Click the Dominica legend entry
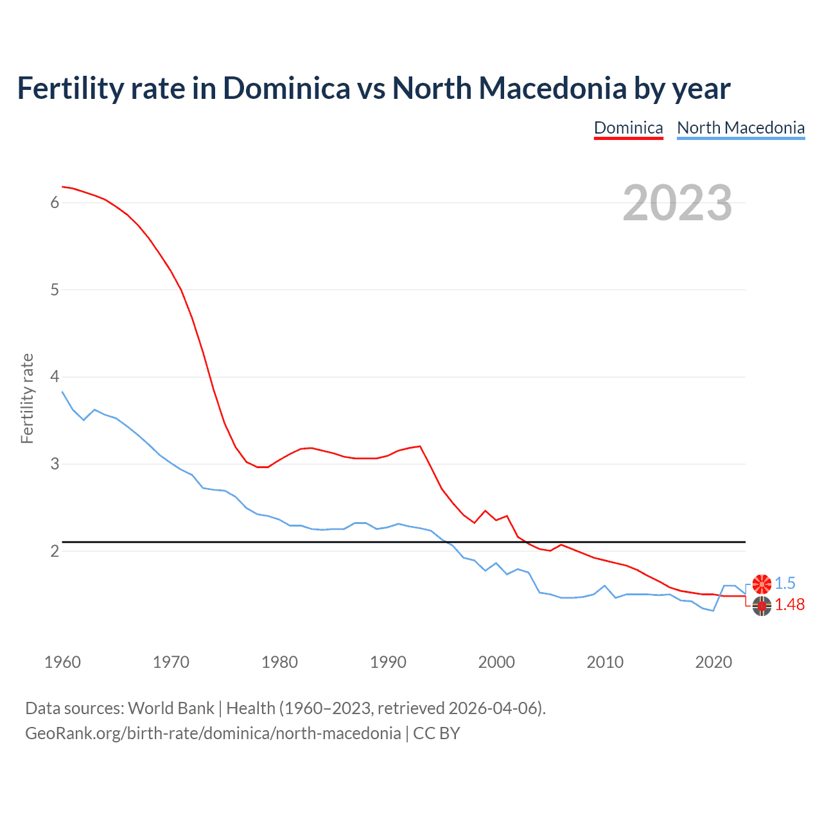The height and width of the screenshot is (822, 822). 628,128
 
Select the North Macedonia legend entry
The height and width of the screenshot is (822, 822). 740,128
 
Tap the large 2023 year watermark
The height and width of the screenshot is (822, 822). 677,203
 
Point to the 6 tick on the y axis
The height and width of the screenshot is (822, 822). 55,203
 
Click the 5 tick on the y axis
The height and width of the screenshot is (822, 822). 55,290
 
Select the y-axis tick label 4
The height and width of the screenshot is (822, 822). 55,376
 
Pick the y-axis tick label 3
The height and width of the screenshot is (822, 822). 55,464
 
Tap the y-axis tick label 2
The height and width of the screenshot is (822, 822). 55,551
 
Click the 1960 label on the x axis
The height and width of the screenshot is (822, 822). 62,662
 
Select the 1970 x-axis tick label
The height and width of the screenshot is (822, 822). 171,662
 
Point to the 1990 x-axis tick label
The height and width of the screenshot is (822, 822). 388,662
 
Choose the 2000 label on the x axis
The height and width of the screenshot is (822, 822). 496,662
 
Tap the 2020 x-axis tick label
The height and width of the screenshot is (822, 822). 713,662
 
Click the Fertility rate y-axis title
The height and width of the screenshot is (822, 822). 27,398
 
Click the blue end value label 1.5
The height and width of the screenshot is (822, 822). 785,583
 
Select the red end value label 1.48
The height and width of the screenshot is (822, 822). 789,604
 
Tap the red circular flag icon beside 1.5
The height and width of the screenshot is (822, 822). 762,584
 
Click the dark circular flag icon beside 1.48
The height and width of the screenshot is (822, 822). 762,605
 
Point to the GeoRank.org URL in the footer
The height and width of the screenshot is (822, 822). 213,733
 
